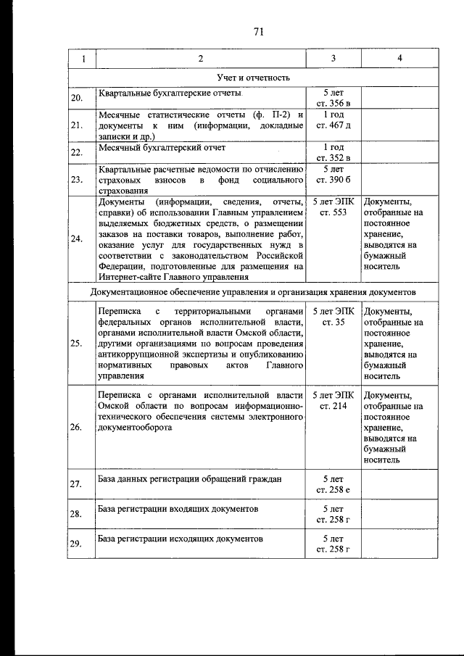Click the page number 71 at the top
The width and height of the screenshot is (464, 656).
point(257,31)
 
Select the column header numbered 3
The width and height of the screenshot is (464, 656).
point(333,58)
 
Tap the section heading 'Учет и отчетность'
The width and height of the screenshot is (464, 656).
point(253,77)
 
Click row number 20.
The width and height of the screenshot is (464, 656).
point(76,99)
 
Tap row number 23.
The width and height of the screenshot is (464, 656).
point(76,179)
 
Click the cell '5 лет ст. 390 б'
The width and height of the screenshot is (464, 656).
point(333,173)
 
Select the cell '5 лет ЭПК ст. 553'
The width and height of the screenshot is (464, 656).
point(333,206)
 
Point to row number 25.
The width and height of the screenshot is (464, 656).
point(76,343)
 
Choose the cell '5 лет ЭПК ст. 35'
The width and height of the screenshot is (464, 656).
point(333,316)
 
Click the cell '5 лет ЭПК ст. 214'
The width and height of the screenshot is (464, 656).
point(333,401)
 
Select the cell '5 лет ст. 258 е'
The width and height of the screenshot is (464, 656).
point(333,484)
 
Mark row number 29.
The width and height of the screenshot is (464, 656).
point(76,544)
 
